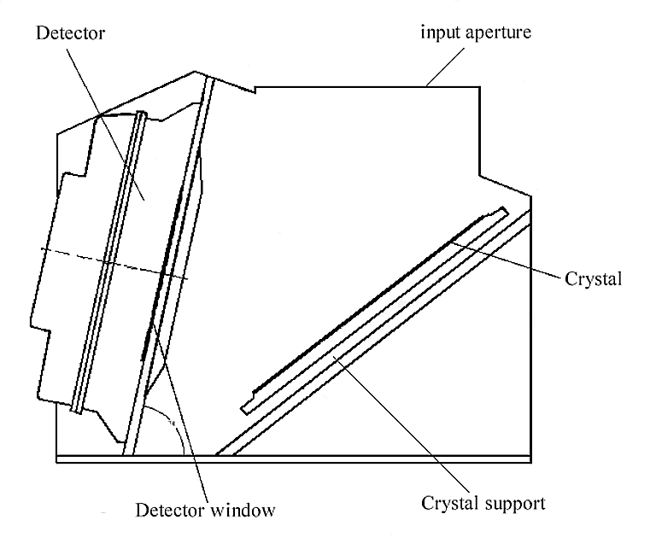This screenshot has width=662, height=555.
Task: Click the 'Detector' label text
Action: pos(72,36)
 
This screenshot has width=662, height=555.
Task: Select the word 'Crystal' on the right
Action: pos(592,279)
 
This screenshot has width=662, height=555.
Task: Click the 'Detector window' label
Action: pos(206,511)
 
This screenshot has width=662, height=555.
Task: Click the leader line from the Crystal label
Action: pos(513,259)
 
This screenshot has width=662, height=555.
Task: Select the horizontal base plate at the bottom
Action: pos(290,459)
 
